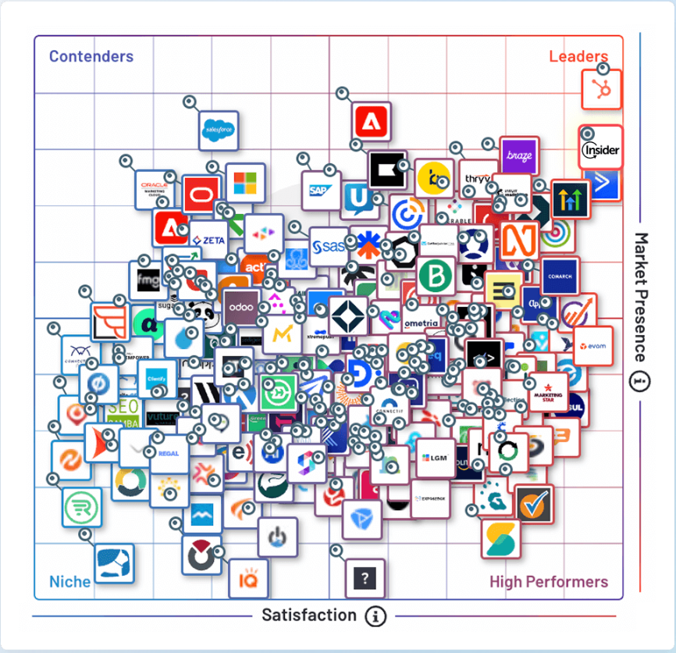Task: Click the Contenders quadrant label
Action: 91,56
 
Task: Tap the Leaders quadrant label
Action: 578,56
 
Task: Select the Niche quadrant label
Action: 70,581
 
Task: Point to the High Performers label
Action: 549,581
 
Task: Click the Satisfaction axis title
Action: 309,615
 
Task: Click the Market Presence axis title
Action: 641,297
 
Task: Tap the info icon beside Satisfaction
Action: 376,616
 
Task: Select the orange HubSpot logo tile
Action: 603,89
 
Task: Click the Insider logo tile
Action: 601,148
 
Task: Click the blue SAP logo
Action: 320,190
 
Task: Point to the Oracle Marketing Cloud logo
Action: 155,188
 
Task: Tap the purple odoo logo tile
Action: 242,307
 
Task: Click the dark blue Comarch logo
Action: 560,276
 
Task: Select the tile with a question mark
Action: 365,579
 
